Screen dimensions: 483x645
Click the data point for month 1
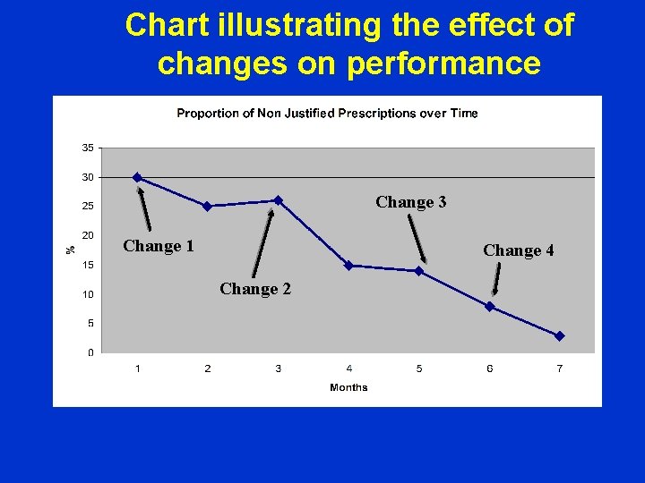click(137, 177)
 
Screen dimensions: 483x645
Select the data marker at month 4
click(348, 266)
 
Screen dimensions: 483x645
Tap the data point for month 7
click(560, 336)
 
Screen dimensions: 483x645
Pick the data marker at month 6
click(489, 306)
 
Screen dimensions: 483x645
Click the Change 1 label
click(159, 246)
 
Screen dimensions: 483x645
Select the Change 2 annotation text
click(255, 289)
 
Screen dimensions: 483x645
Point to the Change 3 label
click(411, 202)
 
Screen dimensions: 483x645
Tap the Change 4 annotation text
click(519, 250)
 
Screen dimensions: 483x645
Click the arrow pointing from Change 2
click(263, 241)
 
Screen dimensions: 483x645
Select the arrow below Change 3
click(417, 237)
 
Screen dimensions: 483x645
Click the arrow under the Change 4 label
click(496, 278)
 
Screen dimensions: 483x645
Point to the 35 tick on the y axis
click(88, 148)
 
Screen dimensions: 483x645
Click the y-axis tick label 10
click(88, 294)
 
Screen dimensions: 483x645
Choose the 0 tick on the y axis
click(90, 352)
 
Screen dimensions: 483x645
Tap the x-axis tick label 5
click(419, 369)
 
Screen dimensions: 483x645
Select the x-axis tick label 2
click(208, 369)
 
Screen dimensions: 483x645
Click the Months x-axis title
click(348, 387)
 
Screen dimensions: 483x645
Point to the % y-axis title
click(71, 250)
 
